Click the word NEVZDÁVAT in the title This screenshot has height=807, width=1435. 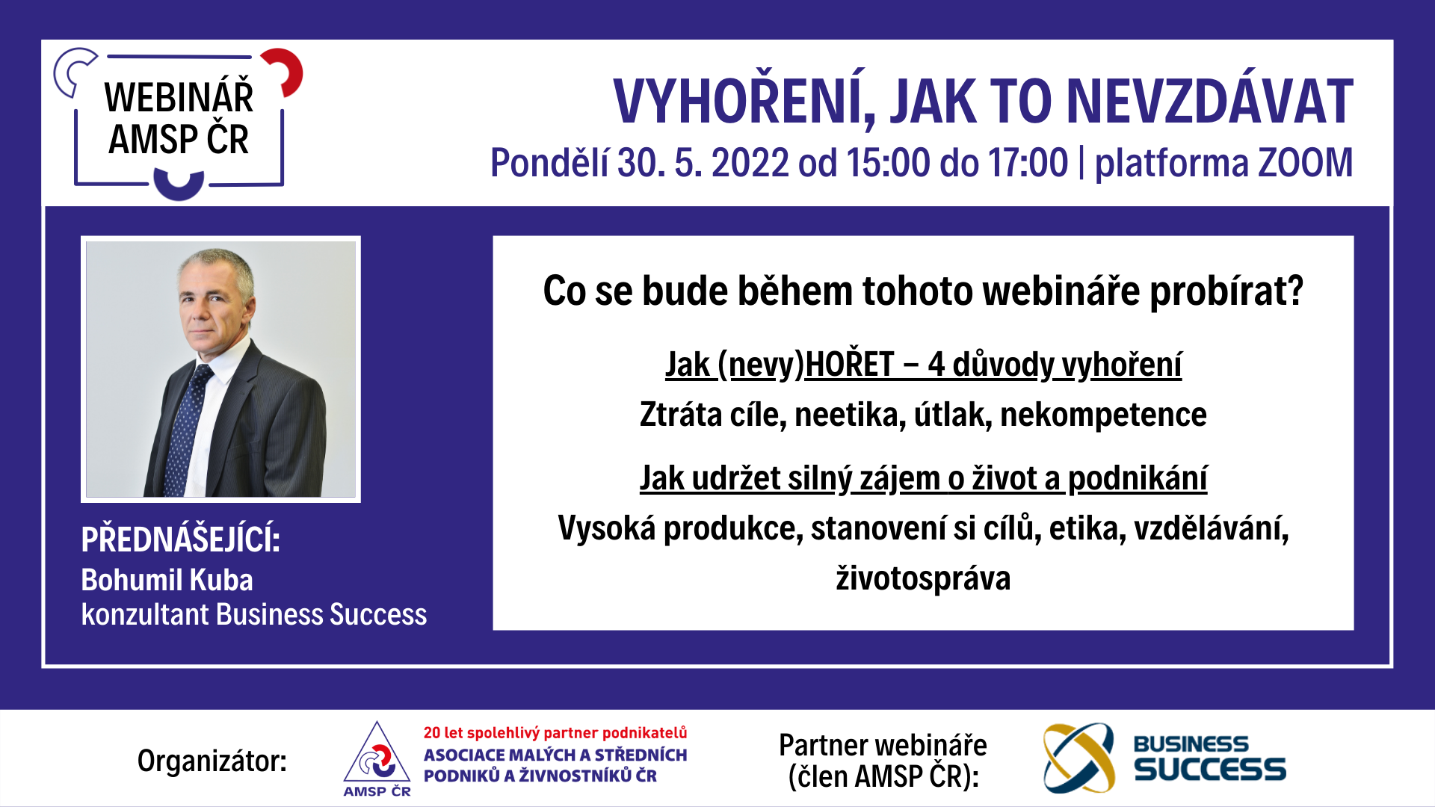click(1209, 101)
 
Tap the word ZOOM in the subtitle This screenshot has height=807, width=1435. click(1306, 162)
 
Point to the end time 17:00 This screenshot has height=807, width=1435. click(1028, 162)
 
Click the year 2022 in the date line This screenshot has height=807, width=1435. click(750, 162)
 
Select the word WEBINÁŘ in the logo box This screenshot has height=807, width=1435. click(179, 97)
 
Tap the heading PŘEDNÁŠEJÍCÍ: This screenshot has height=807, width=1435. click(181, 539)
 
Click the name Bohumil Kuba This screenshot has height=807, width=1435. click(167, 580)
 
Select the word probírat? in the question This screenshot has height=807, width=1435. click(1226, 291)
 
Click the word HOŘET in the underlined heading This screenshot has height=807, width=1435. click(850, 364)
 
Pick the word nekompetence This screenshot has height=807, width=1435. click(1103, 415)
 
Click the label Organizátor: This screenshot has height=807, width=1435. click(212, 761)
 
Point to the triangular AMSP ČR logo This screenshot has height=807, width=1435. click(377, 758)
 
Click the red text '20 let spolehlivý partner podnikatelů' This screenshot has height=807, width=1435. click(555, 733)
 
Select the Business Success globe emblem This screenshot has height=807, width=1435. click(1078, 758)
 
